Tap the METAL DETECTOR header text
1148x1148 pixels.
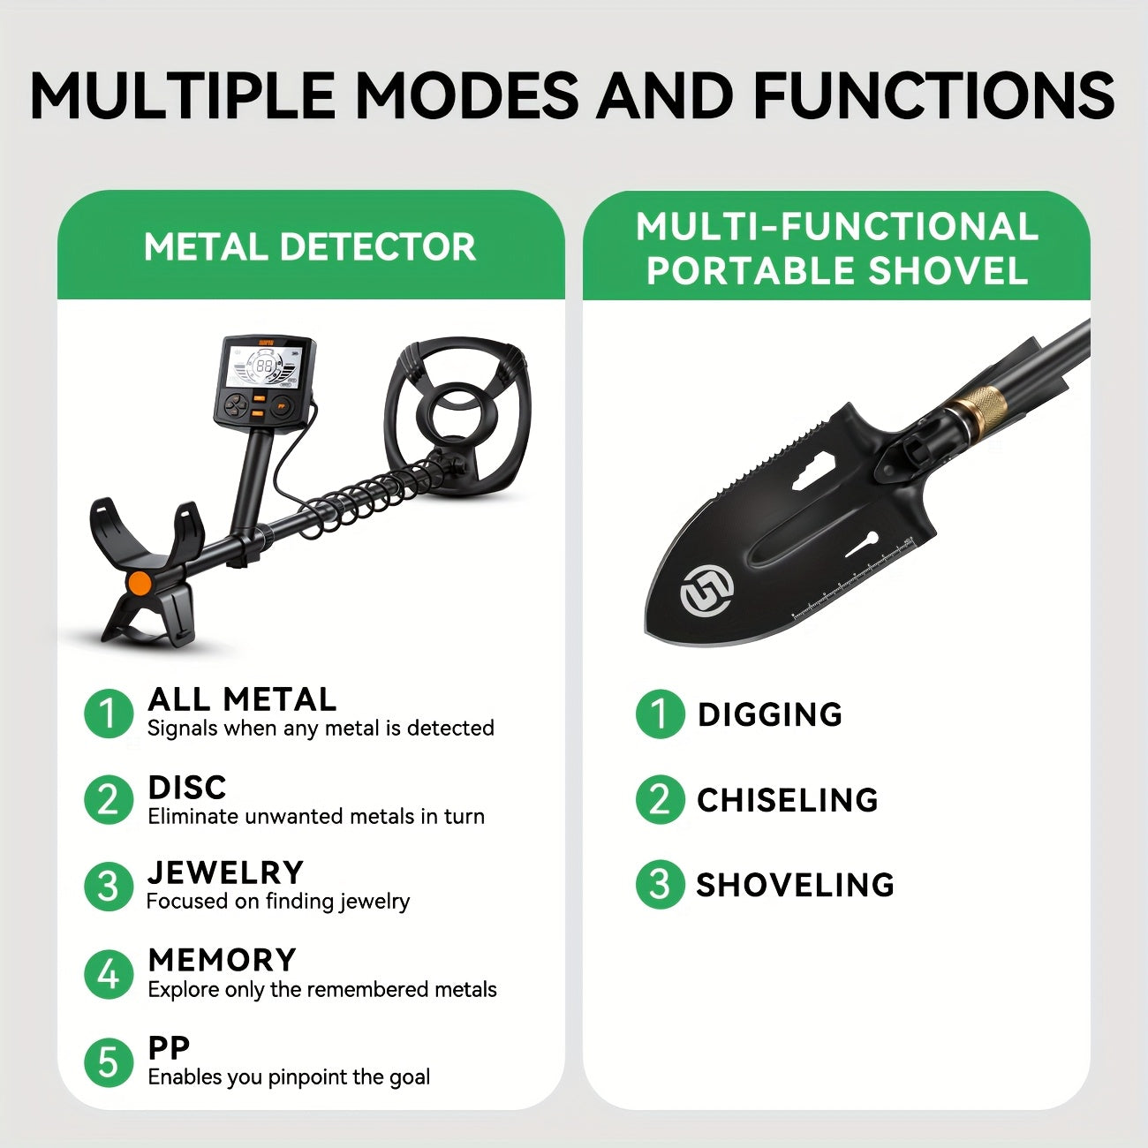coord(310,246)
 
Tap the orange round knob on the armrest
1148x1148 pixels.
coord(140,583)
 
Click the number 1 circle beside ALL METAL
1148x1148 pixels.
coord(109,714)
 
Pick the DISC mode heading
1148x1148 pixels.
coord(187,788)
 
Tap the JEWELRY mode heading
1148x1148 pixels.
coord(226,872)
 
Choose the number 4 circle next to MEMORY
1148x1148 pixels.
coord(109,975)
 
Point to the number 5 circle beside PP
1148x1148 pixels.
coord(109,1062)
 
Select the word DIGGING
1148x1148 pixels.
coord(770,714)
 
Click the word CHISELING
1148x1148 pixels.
coord(788,799)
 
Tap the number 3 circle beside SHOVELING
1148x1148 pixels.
coord(660,884)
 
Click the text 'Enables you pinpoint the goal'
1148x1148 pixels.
coord(289,1077)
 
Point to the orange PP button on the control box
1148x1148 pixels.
coord(281,407)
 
